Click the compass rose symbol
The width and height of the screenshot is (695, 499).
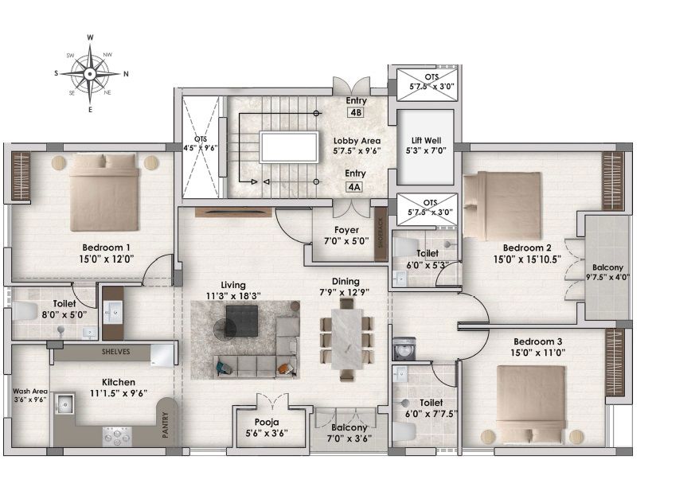[90, 73]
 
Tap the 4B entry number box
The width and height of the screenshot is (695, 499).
[356, 112]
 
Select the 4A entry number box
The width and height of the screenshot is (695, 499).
[353, 187]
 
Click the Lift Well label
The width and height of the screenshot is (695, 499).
[426, 141]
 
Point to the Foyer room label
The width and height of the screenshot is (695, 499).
[346, 230]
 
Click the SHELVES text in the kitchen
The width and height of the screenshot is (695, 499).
[115, 352]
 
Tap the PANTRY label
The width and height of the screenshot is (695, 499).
[166, 425]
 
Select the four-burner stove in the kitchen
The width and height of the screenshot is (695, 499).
[117, 436]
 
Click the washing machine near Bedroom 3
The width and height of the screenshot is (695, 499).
[404, 349]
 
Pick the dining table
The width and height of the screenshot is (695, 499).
[347, 339]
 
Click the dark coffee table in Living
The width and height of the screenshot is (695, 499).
[241, 321]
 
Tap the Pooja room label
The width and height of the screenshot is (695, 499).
[267, 422]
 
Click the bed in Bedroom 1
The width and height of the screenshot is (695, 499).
[104, 192]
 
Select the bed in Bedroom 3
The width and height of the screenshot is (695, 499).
[530, 404]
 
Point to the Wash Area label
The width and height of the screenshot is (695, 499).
[30, 392]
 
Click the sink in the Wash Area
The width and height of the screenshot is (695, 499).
[65, 403]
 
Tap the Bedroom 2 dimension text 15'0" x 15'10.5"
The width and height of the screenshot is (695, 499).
[528, 259]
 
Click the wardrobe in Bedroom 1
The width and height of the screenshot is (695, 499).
[21, 176]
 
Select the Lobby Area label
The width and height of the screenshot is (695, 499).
[357, 141]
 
